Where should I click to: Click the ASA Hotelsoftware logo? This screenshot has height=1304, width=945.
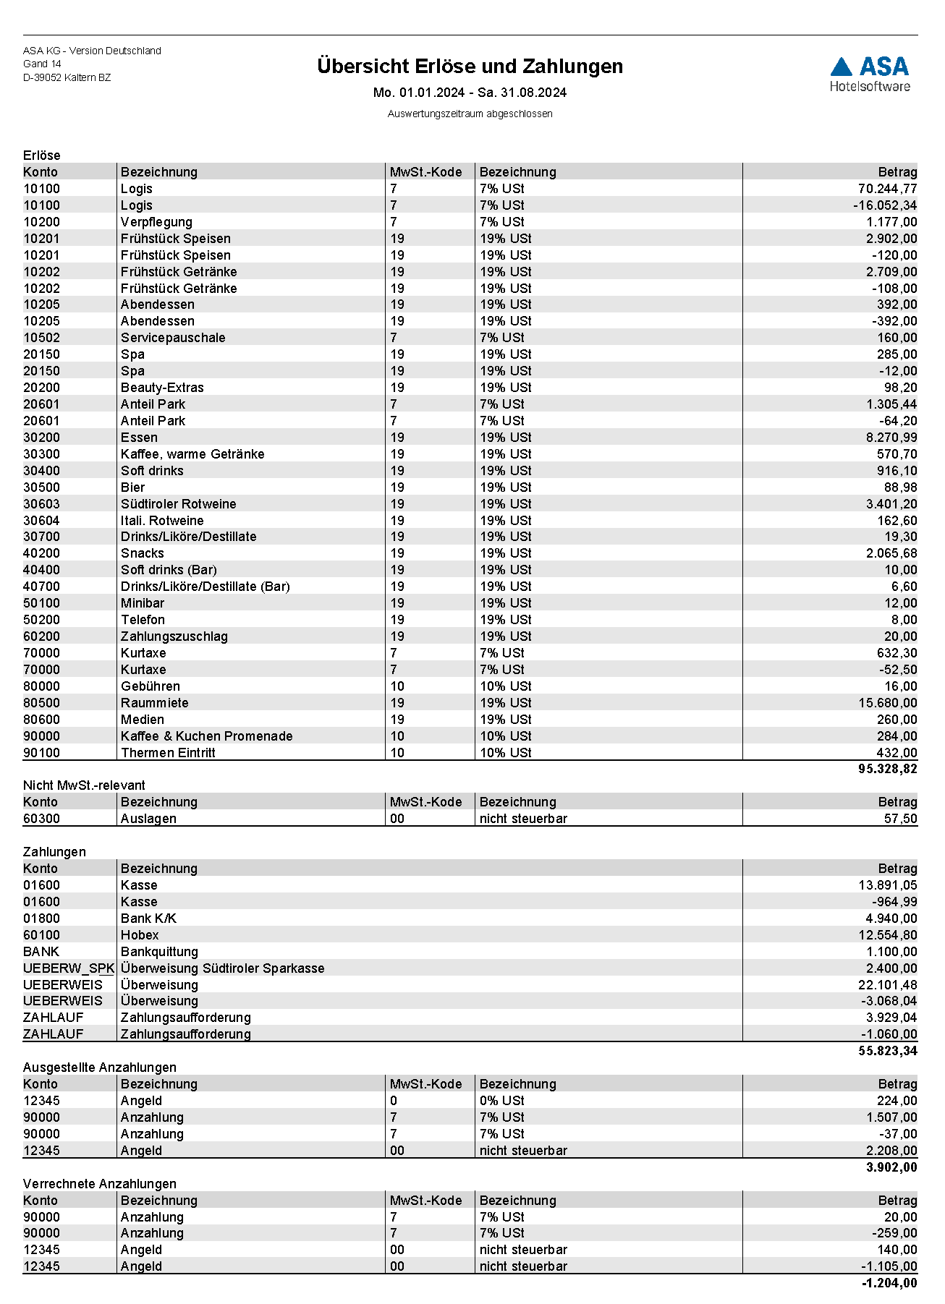[x=870, y=74]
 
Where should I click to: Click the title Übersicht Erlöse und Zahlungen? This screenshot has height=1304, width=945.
[x=470, y=67]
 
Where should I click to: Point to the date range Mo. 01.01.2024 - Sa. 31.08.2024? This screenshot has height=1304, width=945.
[x=470, y=93]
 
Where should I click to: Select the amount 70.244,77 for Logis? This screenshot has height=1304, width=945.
[x=887, y=189]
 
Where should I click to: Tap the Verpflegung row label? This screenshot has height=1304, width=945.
[x=156, y=222]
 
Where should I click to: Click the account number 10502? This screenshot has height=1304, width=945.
[x=41, y=338]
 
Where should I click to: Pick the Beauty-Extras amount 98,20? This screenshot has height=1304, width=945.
[x=900, y=388]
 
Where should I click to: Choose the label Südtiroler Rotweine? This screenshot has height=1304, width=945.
[x=178, y=504]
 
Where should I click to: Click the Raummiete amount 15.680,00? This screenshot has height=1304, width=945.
[x=887, y=703]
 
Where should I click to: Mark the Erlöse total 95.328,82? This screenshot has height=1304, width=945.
[x=887, y=769]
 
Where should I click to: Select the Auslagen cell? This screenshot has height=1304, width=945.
[x=148, y=819]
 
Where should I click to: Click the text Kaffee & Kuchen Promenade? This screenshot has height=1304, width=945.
[x=206, y=736]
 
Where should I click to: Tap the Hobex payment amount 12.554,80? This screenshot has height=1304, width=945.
[x=887, y=935]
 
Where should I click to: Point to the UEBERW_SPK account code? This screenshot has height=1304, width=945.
[x=69, y=968]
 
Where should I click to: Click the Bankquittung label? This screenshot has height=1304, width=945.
[x=159, y=952]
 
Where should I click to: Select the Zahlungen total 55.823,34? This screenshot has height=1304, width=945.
[x=887, y=1051]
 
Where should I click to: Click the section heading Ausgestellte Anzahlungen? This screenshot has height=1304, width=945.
[x=100, y=1068]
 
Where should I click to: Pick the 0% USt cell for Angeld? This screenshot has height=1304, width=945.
[x=501, y=1101]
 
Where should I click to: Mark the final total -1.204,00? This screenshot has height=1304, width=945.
[x=889, y=1283]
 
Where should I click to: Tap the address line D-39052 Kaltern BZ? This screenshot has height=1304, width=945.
[x=67, y=77]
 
